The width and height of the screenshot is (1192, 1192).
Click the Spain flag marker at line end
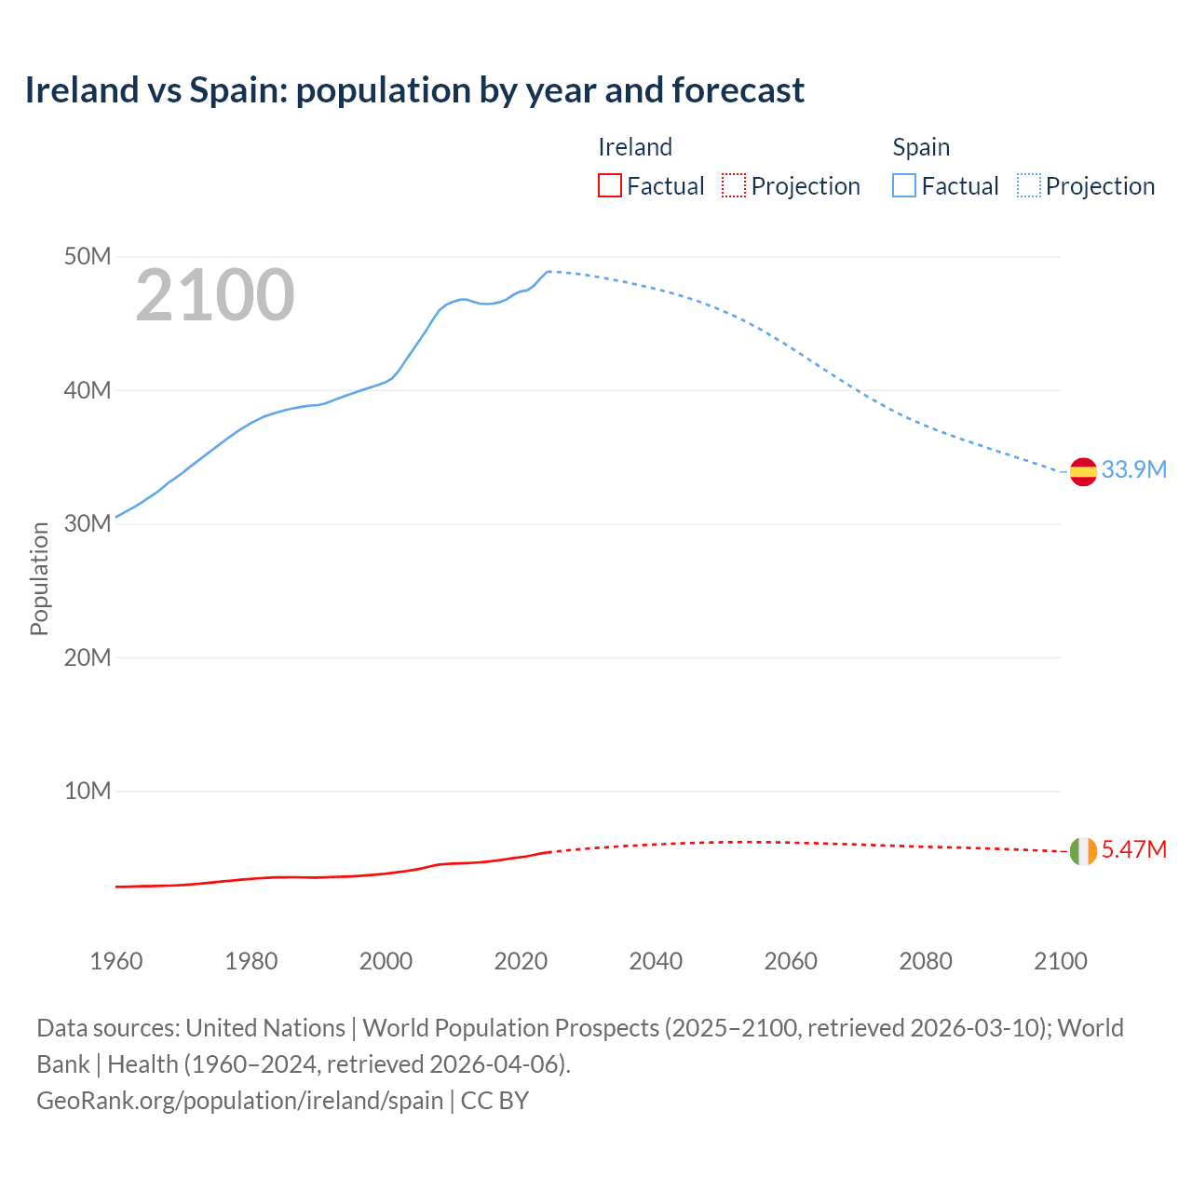tap(1083, 472)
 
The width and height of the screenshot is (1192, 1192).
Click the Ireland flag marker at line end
tap(1083, 851)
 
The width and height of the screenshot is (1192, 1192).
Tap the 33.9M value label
tap(1133, 469)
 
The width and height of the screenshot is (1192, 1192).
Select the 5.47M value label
tap(1133, 849)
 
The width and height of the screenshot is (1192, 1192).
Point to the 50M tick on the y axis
tap(88, 256)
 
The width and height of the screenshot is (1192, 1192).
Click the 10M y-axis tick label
tap(88, 791)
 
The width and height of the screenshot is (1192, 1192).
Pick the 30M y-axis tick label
tap(88, 523)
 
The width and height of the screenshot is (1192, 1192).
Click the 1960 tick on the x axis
tap(116, 961)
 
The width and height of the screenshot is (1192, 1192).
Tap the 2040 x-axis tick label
tap(656, 961)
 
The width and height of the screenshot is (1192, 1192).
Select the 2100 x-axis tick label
tap(1060, 961)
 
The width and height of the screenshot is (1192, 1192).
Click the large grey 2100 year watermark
tap(215, 295)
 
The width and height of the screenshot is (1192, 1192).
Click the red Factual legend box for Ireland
tap(609, 186)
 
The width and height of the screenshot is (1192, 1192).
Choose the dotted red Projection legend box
tap(734, 186)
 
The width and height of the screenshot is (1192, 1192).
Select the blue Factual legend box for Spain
tap(903, 186)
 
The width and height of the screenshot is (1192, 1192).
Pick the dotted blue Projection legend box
tap(1028, 186)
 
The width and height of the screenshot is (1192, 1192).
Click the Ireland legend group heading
tap(635, 147)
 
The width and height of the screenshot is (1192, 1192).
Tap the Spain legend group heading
tap(921, 147)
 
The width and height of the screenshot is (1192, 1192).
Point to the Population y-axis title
tap(39, 578)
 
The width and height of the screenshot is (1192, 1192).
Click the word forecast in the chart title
tap(738, 90)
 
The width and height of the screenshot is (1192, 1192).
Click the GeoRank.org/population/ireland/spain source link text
tap(239, 1101)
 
